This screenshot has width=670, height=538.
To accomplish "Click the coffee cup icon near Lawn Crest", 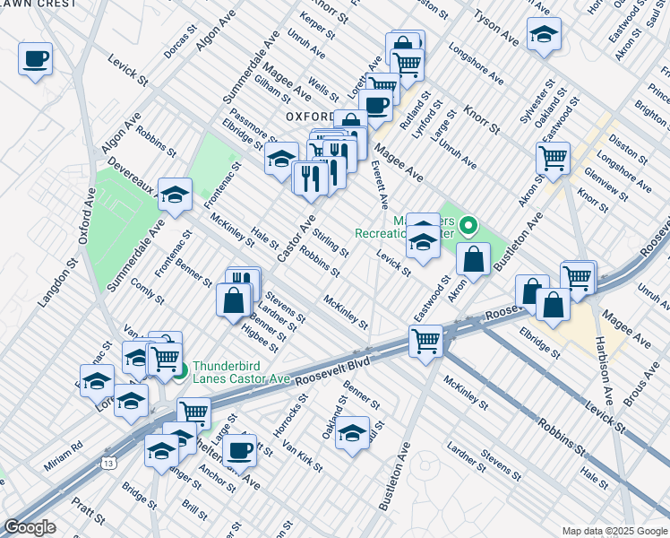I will point(35,59).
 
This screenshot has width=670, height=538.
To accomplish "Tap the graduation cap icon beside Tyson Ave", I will point(543,35).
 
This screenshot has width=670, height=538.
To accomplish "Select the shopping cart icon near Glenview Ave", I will point(554,158).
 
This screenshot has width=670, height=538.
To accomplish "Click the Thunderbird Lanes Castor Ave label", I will point(241,372).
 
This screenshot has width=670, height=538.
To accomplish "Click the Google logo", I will point(30,527).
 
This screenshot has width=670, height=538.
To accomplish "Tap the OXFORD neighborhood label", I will point(310,117).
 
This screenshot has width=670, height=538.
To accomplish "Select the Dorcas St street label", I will point(179,43).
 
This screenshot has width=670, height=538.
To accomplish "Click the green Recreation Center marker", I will point(468,226).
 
